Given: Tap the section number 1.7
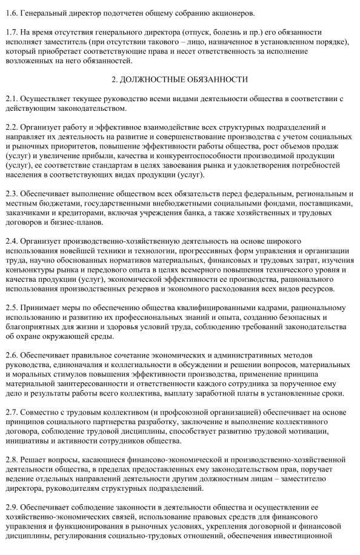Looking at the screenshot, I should click(x=10, y=32).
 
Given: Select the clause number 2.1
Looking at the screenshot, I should click(x=10, y=99).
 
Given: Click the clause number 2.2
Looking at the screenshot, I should click(x=10, y=127).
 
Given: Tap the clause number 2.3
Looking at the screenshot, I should click(x=10, y=194).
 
